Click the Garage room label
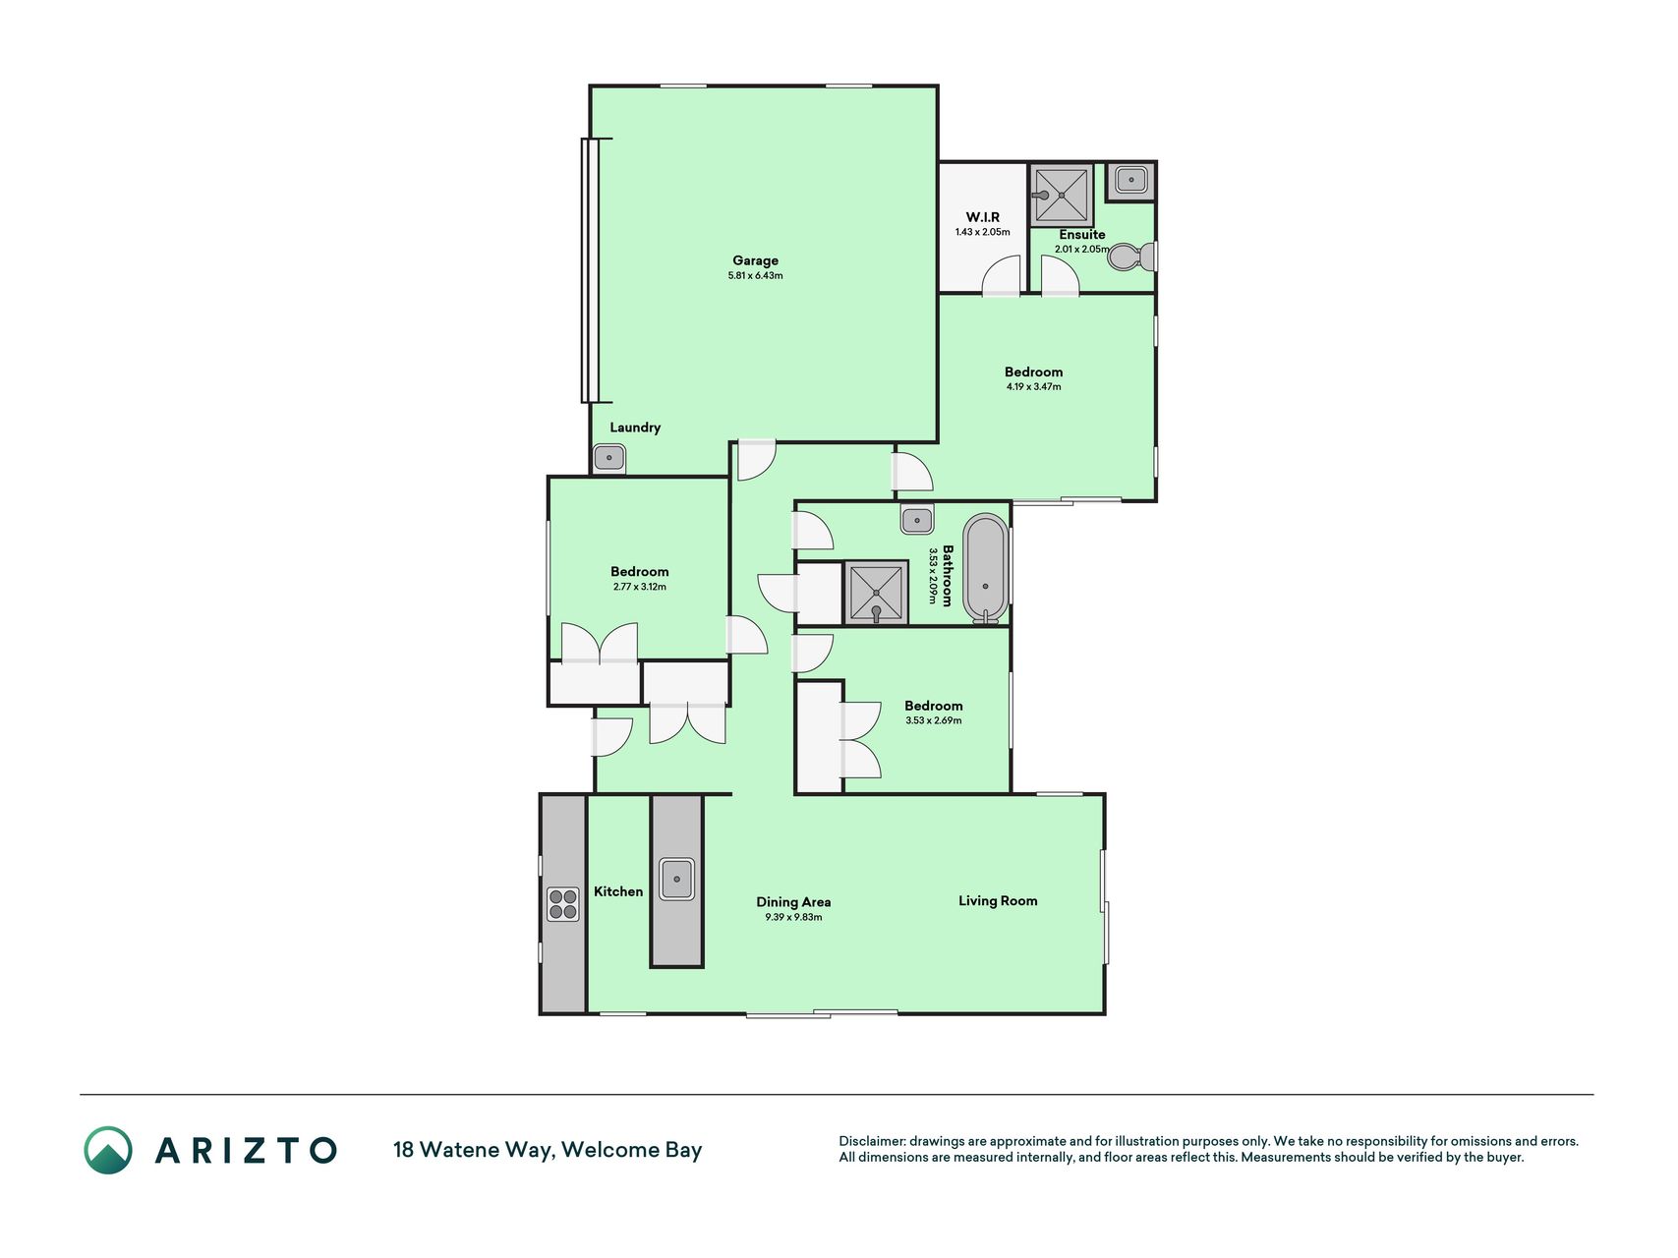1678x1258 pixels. click(x=755, y=260)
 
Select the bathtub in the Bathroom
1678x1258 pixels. click(x=985, y=569)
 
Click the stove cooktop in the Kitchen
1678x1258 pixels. click(x=563, y=904)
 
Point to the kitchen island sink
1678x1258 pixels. click(x=677, y=879)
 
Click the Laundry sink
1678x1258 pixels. click(x=609, y=458)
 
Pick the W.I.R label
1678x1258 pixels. click(x=982, y=217)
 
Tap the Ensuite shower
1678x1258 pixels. click(x=1062, y=196)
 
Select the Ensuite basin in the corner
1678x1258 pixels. click(x=1131, y=180)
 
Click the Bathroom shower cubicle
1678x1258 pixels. click(x=876, y=593)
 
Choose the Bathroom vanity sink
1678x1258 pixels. click(x=917, y=520)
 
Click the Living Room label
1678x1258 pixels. click(x=998, y=900)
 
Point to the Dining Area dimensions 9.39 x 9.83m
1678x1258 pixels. click(x=793, y=918)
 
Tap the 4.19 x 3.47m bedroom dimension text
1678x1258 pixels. click(x=1033, y=387)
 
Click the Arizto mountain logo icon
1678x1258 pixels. click(x=108, y=1150)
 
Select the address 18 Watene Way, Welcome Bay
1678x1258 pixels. click(x=548, y=1150)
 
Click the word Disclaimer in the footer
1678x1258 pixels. click(x=871, y=1141)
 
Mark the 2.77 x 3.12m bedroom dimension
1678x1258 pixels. click(x=639, y=587)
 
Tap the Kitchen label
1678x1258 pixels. click(x=618, y=891)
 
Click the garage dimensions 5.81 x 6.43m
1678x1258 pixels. click(x=755, y=276)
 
